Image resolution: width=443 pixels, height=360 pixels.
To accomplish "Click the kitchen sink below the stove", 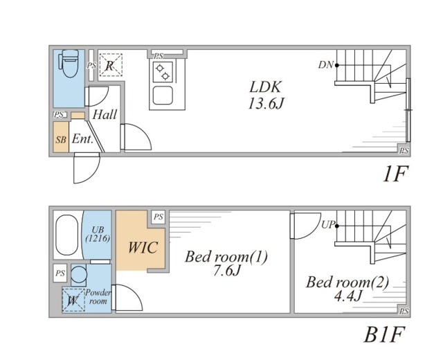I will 163,96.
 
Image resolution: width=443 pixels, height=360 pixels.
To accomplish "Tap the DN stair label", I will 326,65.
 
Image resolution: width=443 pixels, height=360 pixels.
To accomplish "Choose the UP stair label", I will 328,224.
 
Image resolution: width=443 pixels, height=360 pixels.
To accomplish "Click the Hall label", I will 105,115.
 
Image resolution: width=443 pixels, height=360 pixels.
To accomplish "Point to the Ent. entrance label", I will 82,138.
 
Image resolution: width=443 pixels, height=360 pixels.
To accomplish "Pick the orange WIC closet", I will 141,247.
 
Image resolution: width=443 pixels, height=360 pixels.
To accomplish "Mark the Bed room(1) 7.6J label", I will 226,263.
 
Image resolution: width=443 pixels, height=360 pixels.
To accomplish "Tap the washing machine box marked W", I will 73,300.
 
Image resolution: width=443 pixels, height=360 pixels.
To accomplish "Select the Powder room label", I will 98,297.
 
